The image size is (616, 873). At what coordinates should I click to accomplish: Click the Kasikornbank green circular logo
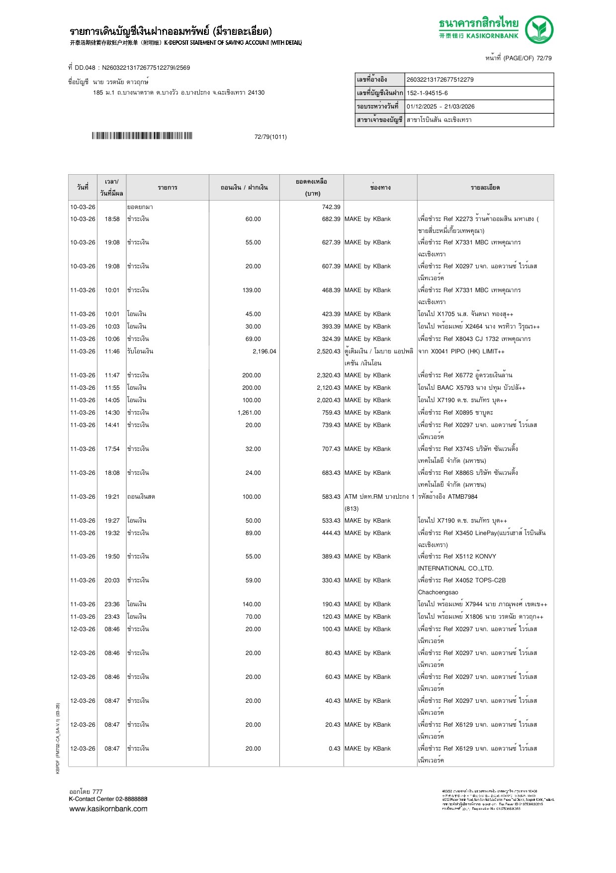[539, 29]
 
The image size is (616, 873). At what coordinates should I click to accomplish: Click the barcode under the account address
[142, 136]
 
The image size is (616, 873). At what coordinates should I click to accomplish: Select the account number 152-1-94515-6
[427, 93]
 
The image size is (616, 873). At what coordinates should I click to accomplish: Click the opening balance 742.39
[331, 207]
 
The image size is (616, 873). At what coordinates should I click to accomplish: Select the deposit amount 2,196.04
[264, 351]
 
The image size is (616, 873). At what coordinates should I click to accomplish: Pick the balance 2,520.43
[329, 351]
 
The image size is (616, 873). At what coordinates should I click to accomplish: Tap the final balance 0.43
[335, 749]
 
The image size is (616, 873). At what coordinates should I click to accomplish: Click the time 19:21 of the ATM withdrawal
[112, 497]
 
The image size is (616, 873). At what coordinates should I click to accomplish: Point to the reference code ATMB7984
[462, 497]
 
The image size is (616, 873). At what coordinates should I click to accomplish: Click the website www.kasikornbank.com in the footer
[108, 809]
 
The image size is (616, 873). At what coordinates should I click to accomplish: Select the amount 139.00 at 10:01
[252, 290]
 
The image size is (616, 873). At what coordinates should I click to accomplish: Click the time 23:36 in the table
[112, 604]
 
